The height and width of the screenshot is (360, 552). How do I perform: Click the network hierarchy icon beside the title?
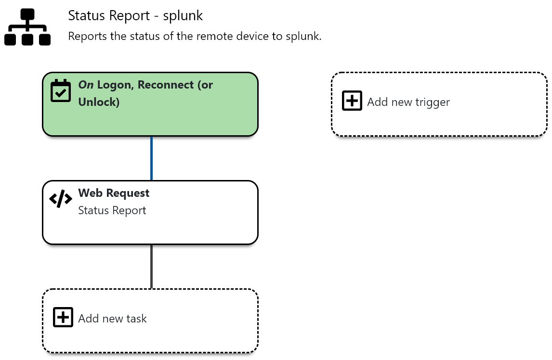27,27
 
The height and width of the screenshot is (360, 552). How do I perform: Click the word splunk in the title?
183,15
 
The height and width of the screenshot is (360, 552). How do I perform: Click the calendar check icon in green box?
61,90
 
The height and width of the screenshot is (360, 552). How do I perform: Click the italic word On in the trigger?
86,85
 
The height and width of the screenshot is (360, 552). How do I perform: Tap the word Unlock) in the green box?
99,102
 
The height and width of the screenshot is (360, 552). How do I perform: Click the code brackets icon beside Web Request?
61,199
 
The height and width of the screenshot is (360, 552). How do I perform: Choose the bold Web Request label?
114,193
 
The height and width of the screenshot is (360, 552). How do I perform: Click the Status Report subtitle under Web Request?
112,210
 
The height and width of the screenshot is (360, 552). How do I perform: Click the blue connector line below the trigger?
151,158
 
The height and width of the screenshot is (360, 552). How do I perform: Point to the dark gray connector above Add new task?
151,266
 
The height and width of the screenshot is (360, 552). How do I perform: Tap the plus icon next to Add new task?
63,318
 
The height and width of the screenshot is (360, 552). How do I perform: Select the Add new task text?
112,318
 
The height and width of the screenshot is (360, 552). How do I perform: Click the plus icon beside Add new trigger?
352,101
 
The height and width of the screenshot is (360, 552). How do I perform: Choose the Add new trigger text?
408,102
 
